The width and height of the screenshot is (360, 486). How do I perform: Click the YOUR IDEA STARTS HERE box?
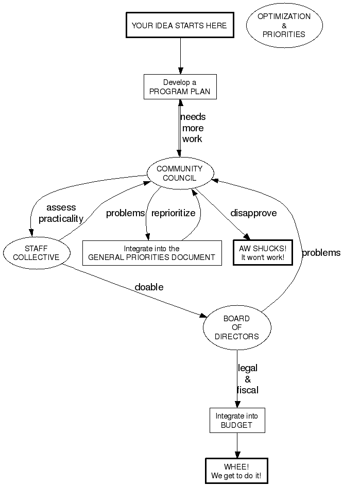point(179,25)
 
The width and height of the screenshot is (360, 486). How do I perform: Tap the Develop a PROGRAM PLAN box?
point(180,87)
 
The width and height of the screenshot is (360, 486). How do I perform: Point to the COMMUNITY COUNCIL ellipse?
point(179,173)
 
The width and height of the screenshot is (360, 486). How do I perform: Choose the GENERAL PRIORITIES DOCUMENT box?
point(152,253)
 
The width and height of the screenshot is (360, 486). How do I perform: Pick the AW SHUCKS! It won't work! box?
point(263,252)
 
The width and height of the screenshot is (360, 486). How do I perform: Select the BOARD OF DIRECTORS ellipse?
point(236,327)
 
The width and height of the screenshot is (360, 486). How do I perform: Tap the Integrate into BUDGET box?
point(237,421)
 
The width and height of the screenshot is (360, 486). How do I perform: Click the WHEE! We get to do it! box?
point(236,471)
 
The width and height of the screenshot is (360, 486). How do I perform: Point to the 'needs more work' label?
point(193,128)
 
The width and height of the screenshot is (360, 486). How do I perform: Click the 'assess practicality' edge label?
point(61,213)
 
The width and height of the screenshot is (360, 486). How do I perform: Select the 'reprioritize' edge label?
point(174,213)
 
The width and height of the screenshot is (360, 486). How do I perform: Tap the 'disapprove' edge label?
point(253,213)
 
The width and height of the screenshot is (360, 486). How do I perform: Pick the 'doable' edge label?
point(149,287)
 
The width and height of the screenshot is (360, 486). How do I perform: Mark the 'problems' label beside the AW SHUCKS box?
point(321,253)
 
